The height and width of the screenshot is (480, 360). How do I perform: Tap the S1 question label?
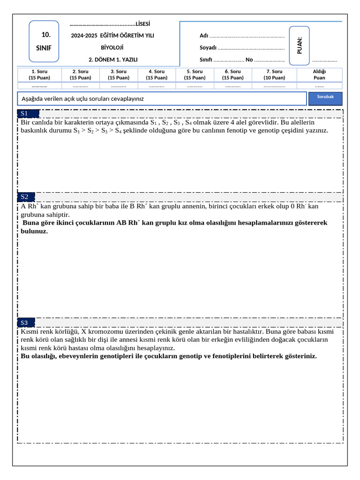coord(24,113)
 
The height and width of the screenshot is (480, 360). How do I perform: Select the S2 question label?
coord(24,196)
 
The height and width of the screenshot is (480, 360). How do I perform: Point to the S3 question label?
coord(24,322)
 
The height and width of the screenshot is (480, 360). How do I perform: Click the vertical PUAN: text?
coord(300,45)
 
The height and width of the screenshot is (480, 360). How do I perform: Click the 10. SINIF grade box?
coord(44,41)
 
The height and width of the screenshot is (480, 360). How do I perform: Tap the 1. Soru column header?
coord(39,75)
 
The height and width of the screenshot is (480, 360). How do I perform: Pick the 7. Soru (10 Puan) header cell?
coord(274,75)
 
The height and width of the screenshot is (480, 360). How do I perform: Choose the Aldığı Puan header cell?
coord(319,75)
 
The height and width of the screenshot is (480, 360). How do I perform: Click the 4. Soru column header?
coord(157,75)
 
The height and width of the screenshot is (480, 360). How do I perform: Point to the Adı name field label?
coord(204,36)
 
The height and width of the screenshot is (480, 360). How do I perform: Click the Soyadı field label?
coord(208,48)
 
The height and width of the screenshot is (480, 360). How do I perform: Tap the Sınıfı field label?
coord(206,60)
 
